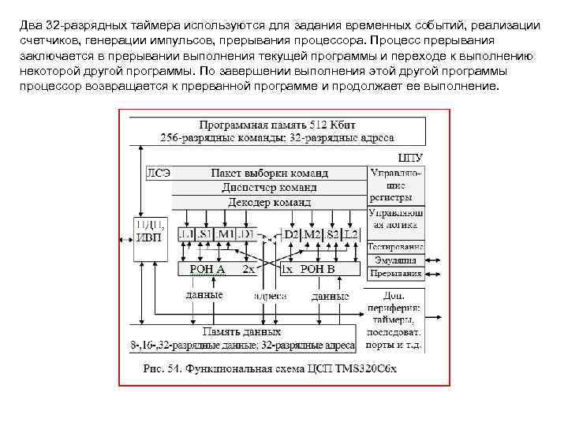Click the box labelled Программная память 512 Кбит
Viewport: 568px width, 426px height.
[x=275, y=131]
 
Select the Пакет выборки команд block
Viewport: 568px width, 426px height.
[x=269, y=173]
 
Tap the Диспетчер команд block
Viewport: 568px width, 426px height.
[x=269, y=188]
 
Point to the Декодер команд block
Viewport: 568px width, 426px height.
[x=269, y=202]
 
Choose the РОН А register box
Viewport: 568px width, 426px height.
[x=208, y=269]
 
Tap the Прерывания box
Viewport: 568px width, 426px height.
[x=396, y=274]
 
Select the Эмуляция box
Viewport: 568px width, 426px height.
[x=396, y=260]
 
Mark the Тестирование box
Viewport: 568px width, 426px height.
[x=396, y=246]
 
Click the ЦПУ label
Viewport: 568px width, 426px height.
[x=410, y=158]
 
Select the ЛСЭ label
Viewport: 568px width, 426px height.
[x=158, y=173]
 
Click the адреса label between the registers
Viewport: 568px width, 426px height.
[x=269, y=296]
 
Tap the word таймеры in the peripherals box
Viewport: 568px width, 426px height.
[x=396, y=320]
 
